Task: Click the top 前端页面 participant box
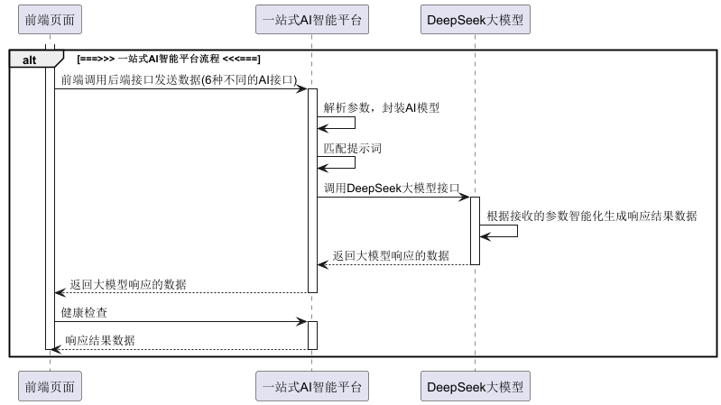pos(51,18)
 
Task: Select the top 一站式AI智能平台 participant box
pos(312,18)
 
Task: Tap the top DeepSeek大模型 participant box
pos(475,18)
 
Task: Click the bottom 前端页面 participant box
pos(51,386)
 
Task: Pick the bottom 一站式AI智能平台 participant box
pos(312,386)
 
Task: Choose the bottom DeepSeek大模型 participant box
pos(475,386)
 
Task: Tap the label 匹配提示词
pos(347,148)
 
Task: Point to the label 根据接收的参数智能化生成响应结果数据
pos(591,216)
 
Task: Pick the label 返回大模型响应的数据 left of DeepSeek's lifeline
pos(391,256)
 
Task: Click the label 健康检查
pos(87,312)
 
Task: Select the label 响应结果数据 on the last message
pos(100,340)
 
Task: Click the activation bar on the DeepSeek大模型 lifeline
pos(475,231)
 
